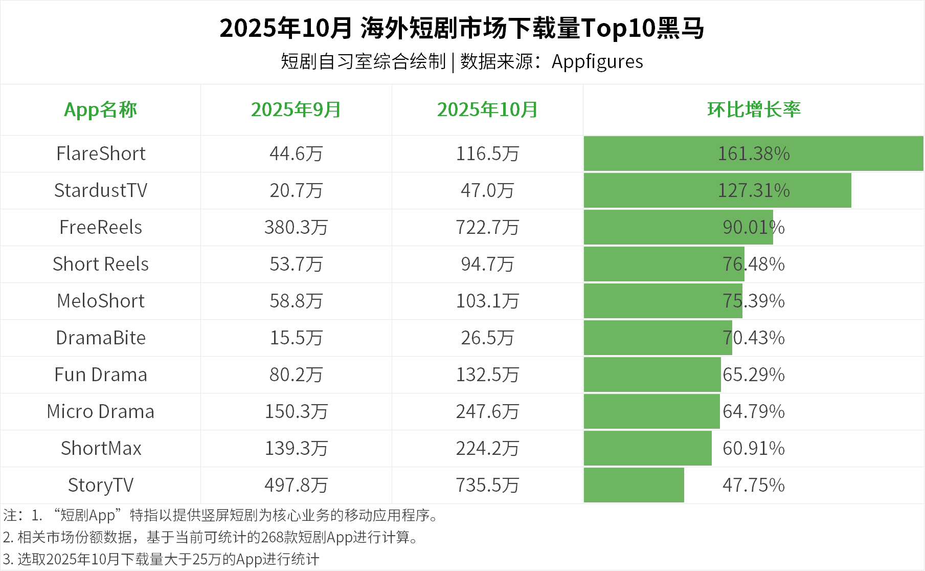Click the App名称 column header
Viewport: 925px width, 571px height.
click(100, 109)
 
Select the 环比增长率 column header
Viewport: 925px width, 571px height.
click(754, 109)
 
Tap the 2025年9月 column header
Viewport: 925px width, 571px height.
click(296, 109)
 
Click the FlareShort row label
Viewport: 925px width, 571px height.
click(101, 153)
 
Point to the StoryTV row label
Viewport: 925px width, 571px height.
click(101, 485)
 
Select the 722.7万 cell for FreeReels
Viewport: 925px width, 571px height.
click(487, 227)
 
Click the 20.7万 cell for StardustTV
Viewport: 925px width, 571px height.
click(296, 190)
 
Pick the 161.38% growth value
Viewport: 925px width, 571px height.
click(754, 153)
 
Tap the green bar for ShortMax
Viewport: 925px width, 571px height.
click(647, 448)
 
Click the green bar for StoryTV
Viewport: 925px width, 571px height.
click(634, 485)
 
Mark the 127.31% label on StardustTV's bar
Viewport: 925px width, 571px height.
click(754, 190)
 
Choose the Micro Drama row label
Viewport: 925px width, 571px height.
click(101, 411)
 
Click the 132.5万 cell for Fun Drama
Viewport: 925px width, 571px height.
click(487, 375)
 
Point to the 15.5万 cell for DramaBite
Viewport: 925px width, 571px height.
click(296, 338)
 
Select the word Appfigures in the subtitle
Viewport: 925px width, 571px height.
click(597, 62)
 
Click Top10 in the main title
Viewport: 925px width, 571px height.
click(618, 28)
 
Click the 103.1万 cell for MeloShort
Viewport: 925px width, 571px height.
click(487, 301)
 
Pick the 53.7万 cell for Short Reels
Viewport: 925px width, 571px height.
click(296, 264)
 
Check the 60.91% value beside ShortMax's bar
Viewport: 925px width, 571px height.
click(754, 448)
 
